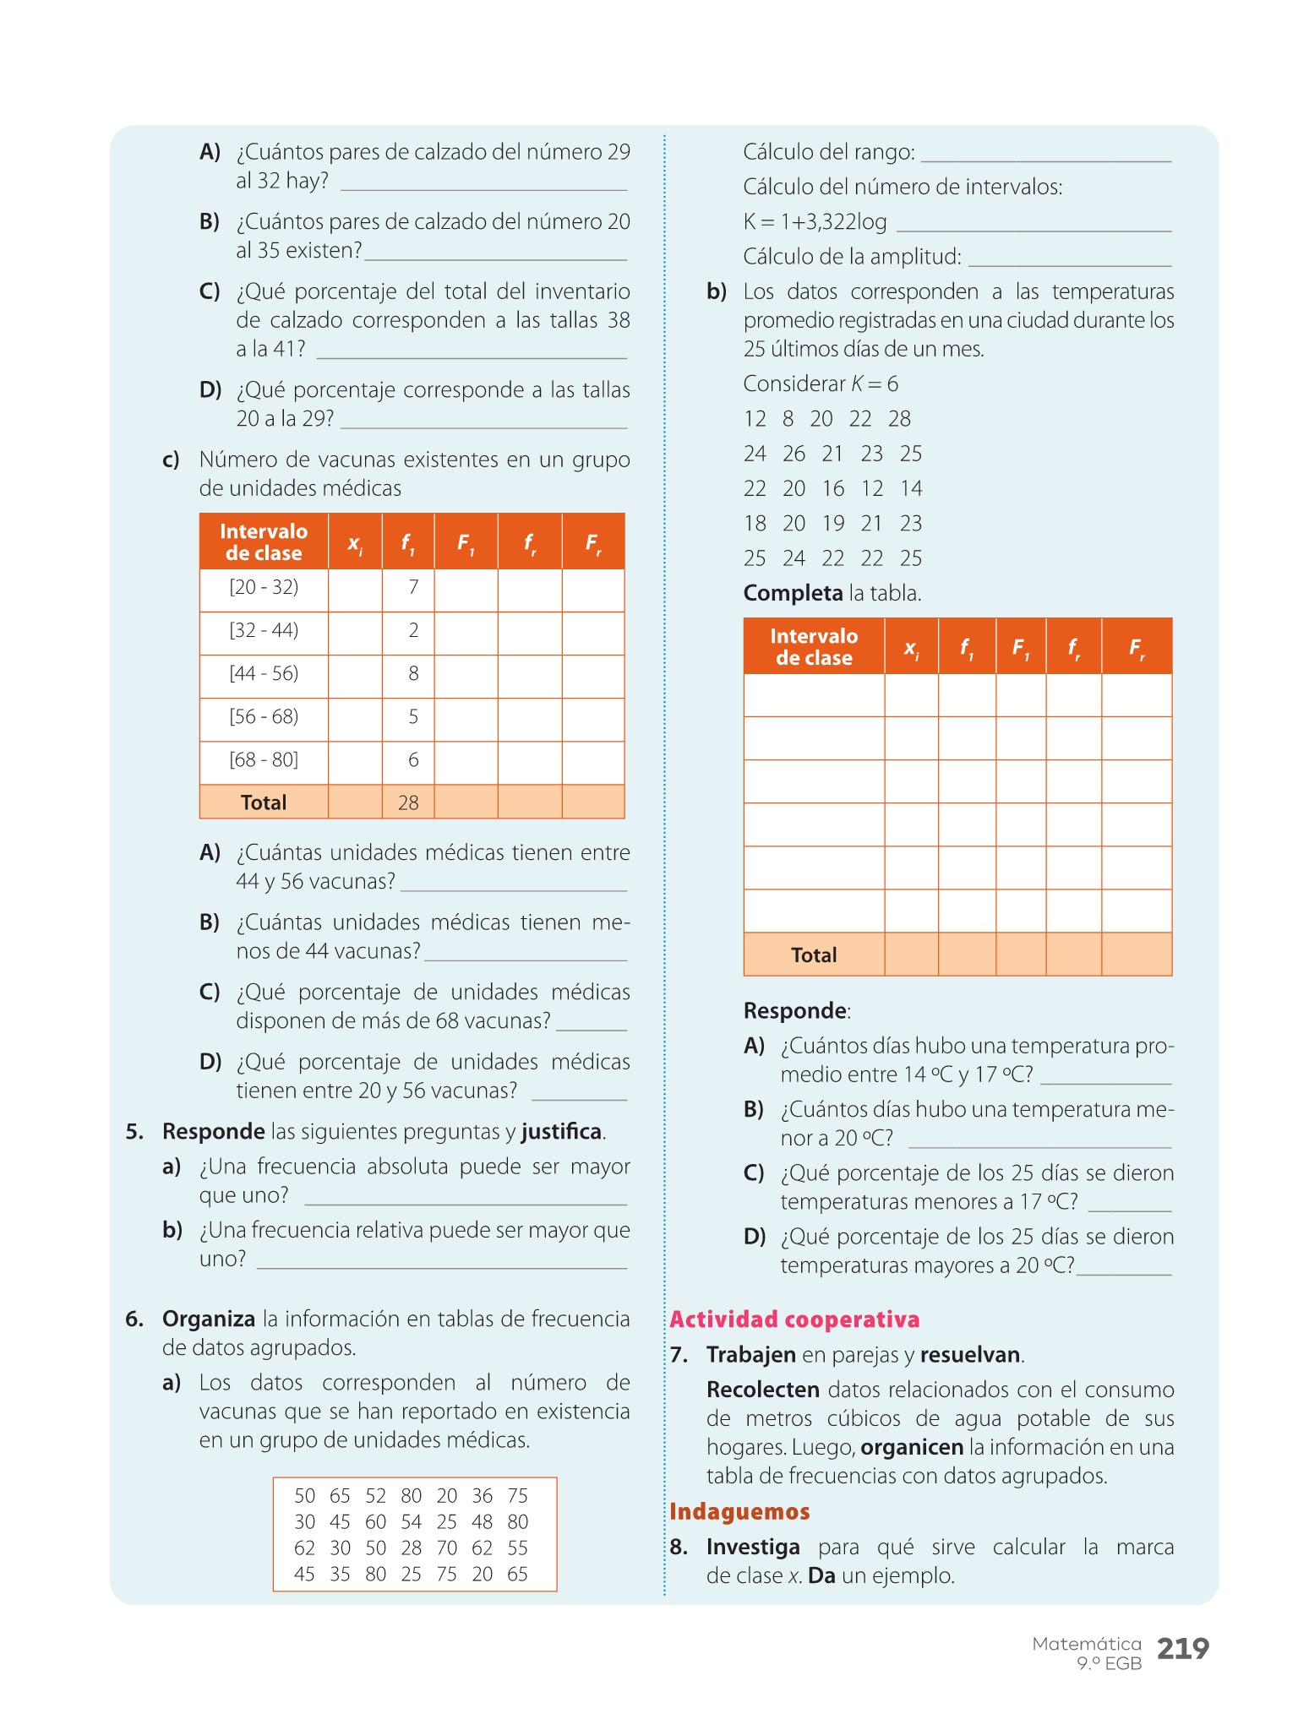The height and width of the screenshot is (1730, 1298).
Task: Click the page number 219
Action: tap(1182, 1648)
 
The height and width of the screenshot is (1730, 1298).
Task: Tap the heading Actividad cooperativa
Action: tap(794, 1319)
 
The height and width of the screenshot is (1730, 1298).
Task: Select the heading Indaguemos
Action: tap(739, 1511)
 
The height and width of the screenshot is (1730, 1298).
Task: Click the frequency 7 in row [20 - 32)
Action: tap(413, 587)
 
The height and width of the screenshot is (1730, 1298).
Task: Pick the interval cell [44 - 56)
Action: tap(264, 673)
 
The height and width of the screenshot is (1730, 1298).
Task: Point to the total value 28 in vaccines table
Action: tap(408, 802)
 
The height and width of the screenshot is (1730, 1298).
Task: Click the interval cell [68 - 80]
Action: tap(264, 759)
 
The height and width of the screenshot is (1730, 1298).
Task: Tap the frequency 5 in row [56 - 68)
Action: tap(413, 716)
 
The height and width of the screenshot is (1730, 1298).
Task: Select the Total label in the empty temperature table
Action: tap(814, 955)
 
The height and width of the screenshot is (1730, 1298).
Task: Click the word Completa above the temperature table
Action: tap(793, 593)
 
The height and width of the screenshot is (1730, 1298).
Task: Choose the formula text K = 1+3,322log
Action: tap(815, 222)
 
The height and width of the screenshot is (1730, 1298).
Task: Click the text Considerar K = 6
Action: tap(821, 384)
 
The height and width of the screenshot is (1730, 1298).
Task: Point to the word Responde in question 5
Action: tap(214, 1131)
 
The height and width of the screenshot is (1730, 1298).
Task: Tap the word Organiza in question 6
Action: tap(209, 1319)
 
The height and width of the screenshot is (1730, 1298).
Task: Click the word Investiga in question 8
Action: tap(753, 1547)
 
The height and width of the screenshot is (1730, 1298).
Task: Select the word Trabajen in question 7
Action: tap(751, 1355)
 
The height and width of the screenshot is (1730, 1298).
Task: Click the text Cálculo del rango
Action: tap(828, 152)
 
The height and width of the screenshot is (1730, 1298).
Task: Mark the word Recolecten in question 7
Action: tap(763, 1390)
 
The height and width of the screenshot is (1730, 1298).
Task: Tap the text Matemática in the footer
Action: tap(1087, 1644)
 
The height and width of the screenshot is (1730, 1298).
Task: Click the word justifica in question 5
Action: tap(561, 1131)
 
